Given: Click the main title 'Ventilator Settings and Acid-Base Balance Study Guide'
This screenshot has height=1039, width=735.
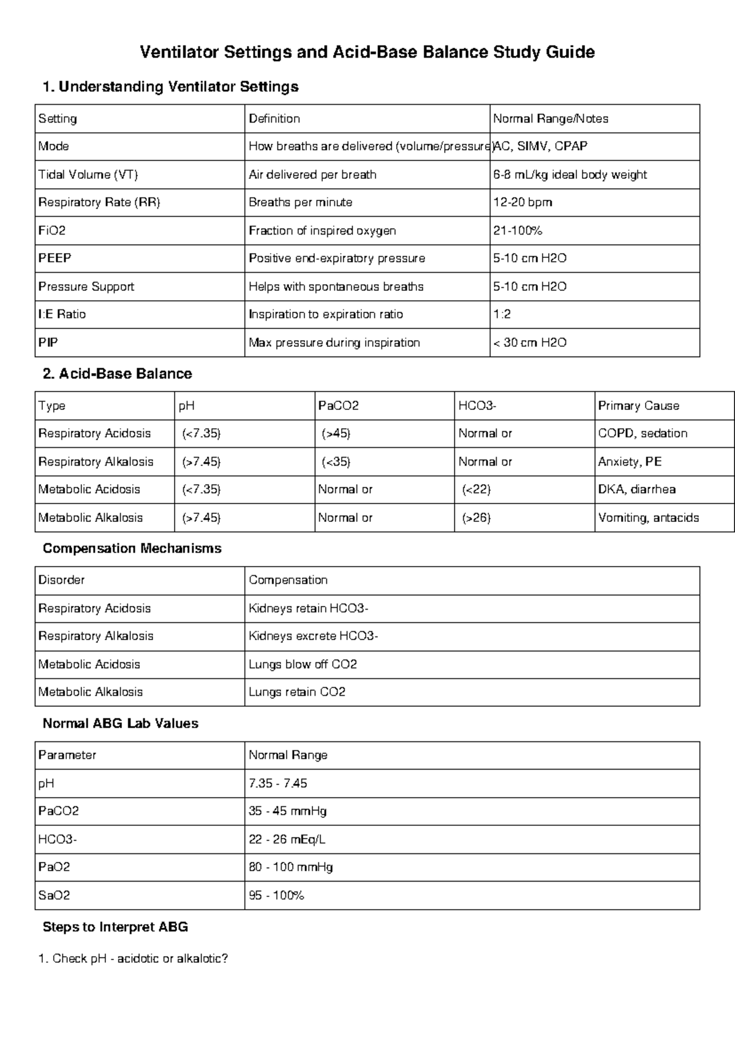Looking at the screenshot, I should (367, 52).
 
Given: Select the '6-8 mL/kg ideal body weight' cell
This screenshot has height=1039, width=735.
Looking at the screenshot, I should (570, 175).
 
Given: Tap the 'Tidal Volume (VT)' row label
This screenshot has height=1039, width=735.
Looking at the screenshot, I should (88, 175).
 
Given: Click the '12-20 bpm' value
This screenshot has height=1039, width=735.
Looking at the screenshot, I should (522, 202).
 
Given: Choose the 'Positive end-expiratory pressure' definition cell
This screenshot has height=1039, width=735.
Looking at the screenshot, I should (336, 259).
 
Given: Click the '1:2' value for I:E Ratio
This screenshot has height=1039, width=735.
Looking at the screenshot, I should (502, 314).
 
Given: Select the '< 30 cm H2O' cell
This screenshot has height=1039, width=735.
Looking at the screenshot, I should (530, 342).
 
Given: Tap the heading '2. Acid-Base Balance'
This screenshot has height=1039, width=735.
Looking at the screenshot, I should (117, 374).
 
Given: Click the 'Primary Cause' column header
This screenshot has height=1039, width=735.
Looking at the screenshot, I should (638, 406).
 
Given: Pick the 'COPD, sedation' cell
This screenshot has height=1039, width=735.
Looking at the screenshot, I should (643, 433).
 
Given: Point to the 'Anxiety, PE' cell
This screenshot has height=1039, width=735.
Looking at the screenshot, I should (630, 461).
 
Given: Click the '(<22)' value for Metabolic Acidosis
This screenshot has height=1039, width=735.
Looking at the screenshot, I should (477, 489).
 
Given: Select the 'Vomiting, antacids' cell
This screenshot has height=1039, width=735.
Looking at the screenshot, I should (648, 518).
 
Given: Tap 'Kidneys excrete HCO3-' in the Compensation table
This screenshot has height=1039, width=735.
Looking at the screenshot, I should (313, 636).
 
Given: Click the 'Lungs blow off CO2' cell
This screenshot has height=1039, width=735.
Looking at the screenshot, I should (303, 664).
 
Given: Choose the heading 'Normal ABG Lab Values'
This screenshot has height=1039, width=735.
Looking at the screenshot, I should (120, 724).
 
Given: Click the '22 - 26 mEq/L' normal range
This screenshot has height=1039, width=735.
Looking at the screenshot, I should (287, 839).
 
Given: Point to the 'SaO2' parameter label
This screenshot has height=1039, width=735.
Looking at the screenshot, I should (54, 895).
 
